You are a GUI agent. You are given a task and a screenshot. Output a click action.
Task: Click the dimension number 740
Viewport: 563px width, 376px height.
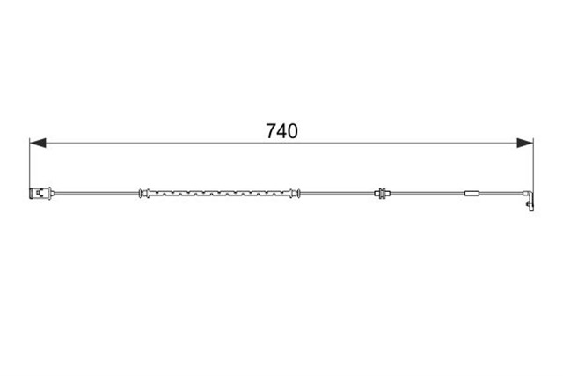281,131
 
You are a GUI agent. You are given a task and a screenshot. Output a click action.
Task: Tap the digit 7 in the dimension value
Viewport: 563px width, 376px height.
271,131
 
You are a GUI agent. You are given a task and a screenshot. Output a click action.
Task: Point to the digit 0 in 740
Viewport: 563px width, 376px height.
293,131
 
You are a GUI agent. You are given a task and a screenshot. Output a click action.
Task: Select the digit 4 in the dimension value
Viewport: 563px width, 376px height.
281,131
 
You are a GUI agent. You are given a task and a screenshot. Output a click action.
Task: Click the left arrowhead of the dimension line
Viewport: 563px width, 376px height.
38,143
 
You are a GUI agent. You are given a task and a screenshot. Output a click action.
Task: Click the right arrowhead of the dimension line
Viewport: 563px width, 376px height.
525,143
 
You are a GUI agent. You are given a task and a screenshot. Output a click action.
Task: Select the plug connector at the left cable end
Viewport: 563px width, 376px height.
41,194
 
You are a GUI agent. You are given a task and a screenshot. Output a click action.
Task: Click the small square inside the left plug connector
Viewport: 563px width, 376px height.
39,194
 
